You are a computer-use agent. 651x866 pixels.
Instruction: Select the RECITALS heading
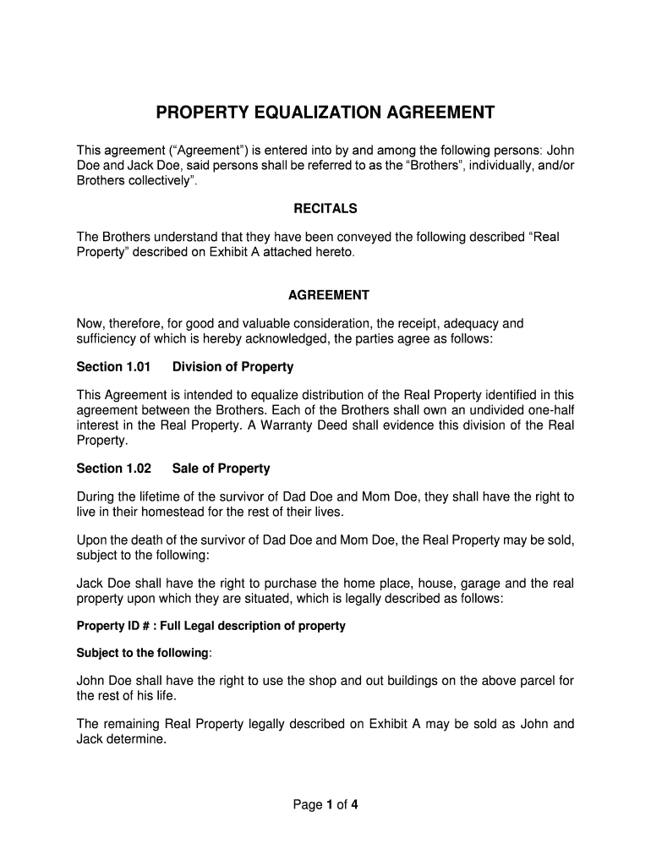point(325,208)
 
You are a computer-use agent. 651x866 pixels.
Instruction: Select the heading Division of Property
point(232,367)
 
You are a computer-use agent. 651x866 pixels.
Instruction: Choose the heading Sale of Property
point(221,469)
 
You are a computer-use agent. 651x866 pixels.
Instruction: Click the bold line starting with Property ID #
point(211,626)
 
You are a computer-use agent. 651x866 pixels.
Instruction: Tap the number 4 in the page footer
point(356,805)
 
